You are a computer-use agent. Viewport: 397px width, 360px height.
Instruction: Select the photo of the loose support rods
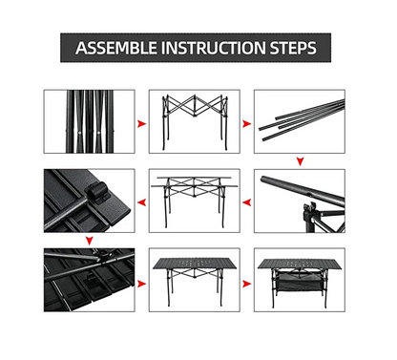click(299, 121)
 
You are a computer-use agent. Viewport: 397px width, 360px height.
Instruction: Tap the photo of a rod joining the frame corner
click(299, 201)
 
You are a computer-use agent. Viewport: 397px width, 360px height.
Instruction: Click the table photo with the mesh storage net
click(299, 281)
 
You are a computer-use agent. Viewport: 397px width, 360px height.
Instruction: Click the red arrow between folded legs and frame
click(141, 124)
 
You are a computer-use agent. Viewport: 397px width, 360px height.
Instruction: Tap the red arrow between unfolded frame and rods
click(245, 124)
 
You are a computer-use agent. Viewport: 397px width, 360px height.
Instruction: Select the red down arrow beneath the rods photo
click(300, 161)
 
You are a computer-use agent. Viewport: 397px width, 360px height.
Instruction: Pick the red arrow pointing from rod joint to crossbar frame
click(246, 203)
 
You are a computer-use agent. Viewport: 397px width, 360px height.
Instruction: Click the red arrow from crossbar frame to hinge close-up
click(141, 203)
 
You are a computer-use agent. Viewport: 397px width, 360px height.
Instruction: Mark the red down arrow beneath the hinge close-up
click(88, 242)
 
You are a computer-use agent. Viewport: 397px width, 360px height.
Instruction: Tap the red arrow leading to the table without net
click(141, 283)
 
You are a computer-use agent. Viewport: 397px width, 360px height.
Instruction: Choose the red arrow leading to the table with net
click(245, 283)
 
